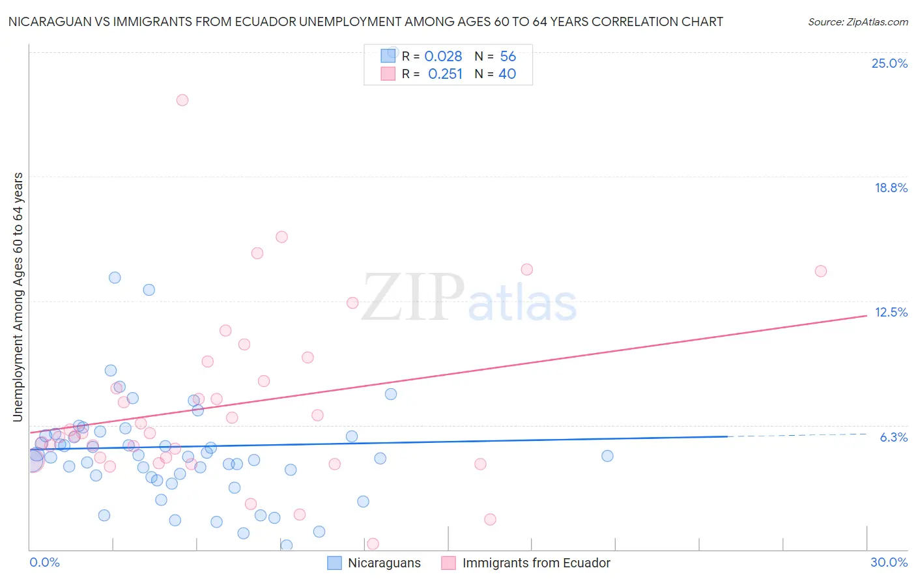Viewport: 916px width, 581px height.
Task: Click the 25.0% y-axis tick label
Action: point(889,63)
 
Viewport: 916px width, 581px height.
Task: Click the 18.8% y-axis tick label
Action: point(891,188)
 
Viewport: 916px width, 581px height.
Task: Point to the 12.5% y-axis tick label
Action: point(891,312)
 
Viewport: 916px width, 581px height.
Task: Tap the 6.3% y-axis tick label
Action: point(893,437)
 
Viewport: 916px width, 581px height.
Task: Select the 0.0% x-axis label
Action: point(44,562)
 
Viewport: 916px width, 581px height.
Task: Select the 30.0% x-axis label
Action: point(889,562)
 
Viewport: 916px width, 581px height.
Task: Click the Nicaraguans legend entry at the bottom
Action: point(384,563)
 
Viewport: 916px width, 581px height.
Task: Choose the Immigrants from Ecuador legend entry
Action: point(536,563)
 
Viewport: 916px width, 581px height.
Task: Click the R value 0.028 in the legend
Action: point(443,57)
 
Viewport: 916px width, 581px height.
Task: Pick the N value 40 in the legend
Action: point(507,74)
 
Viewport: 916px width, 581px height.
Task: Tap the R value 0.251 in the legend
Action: point(445,74)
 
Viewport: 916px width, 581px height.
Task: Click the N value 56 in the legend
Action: point(508,57)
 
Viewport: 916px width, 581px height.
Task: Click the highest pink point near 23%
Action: point(182,100)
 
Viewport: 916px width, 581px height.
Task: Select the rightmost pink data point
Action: point(821,271)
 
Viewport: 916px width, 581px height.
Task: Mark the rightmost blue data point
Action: point(607,456)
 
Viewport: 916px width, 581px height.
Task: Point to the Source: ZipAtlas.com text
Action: point(857,22)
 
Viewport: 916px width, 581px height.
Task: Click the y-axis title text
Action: point(18,296)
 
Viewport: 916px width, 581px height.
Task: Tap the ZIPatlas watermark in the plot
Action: point(469,298)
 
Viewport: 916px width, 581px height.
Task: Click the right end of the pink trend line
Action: point(866,316)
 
